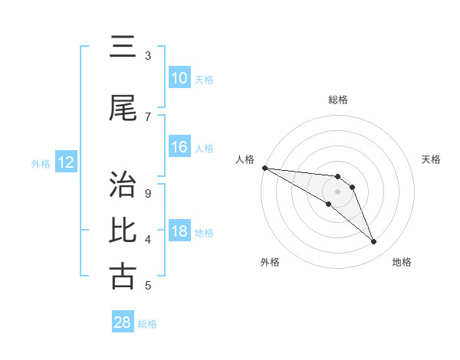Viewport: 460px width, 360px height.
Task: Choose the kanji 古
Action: tap(122, 277)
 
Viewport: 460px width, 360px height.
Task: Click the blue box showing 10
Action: tap(179, 78)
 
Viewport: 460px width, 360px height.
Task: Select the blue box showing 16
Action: tap(179, 147)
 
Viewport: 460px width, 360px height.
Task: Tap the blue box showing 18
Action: tap(179, 232)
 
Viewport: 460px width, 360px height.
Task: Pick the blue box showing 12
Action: tap(65, 162)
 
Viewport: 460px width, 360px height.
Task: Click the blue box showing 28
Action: tap(122, 322)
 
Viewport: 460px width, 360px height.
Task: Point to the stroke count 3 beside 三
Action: tap(148, 56)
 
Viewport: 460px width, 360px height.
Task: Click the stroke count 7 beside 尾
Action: tap(148, 116)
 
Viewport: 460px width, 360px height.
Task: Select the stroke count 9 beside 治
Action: tap(148, 193)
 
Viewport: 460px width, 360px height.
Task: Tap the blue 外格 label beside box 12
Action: tap(41, 163)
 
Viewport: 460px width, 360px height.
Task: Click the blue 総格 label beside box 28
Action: tap(147, 323)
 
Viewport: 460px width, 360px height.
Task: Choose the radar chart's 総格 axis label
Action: tap(337, 100)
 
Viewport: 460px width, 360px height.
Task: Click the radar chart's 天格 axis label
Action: tap(432, 159)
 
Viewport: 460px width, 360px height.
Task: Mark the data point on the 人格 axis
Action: tap(264, 168)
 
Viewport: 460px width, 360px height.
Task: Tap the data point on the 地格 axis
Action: tap(373, 242)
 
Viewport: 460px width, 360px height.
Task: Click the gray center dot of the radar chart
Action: tap(337, 191)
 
